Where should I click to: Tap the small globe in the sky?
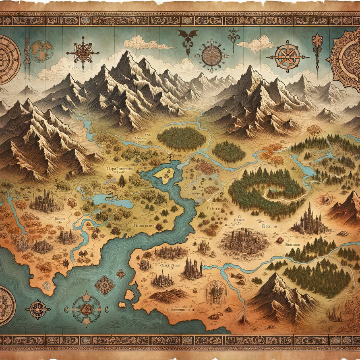point(41,51)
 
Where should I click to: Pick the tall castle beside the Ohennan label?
point(309,219)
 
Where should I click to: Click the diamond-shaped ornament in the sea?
point(104,285)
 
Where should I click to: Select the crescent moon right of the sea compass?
point(107,309)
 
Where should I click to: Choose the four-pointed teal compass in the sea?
point(87,309)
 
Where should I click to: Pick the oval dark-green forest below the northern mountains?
point(181,138)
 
